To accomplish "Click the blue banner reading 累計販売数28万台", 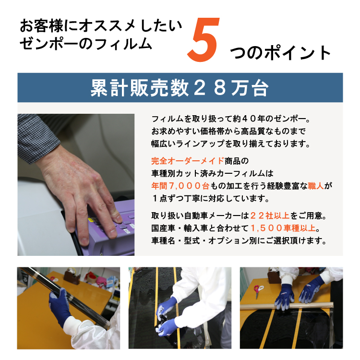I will point(180,88).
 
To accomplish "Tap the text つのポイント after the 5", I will point(280,53).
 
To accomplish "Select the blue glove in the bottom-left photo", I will point(60,307).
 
